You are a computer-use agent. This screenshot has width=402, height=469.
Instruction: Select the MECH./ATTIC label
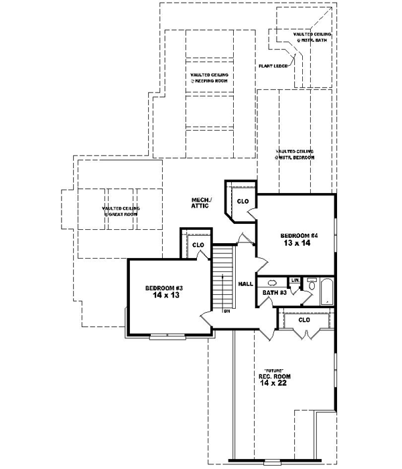coord(200,203)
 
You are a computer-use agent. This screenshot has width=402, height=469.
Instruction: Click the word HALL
coord(245,284)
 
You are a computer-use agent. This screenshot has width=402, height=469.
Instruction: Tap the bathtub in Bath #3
coord(327,291)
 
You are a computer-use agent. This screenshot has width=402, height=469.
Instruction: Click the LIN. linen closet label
coord(294,279)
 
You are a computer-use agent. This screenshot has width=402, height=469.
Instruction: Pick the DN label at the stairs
coord(228,311)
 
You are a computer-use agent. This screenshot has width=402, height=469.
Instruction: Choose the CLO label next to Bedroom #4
coord(243,200)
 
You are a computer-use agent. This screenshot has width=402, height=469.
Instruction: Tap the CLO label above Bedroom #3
coord(198,245)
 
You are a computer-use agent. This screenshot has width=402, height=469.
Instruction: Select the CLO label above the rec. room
coord(304,320)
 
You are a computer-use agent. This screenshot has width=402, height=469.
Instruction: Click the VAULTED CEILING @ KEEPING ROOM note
coord(209,78)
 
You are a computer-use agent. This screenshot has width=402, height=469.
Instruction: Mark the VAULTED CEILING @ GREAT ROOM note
coord(121,210)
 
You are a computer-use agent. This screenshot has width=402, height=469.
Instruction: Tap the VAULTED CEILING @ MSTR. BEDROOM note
coord(294,153)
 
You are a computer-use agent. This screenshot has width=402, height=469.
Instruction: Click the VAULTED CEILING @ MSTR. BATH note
coord(312,36)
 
